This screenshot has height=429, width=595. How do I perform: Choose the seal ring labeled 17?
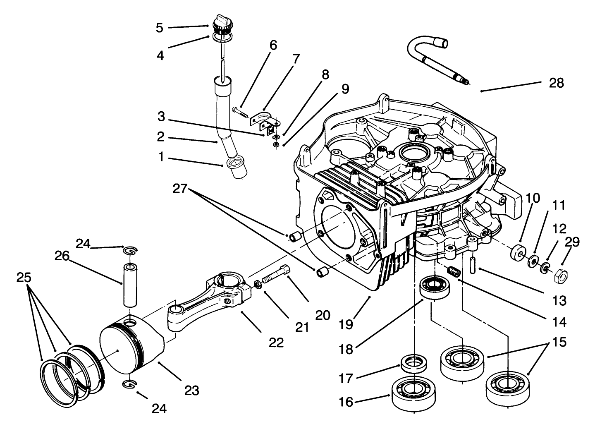click(414, 362)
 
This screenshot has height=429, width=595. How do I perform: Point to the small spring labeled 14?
click(454, 273)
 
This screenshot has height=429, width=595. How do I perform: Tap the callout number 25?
click(24, 278)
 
